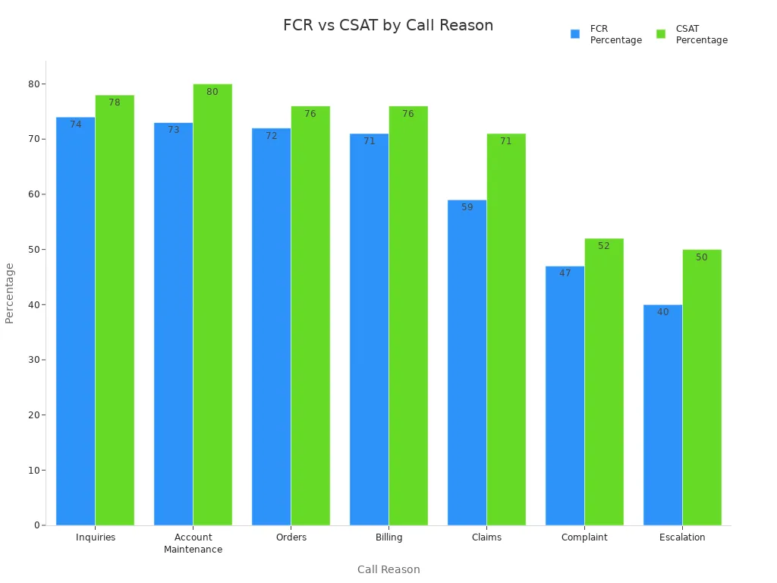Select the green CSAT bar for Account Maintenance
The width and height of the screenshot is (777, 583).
coord(212,304)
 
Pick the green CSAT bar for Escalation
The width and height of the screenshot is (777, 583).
coord(702,387)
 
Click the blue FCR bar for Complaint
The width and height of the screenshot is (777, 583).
coord(565,395)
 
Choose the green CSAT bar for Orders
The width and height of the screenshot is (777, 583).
coord(310,316)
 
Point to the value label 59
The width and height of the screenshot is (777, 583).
coord(467,207)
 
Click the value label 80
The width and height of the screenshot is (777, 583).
coord(212,92)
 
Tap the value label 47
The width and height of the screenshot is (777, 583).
coord(565,273)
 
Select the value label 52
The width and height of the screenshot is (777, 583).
coord(604,246)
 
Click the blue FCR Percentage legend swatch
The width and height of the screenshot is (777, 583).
coord(575,34)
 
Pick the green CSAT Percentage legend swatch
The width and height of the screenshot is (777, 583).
coord(661,34)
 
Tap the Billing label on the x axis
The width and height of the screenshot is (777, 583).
coord(389,537)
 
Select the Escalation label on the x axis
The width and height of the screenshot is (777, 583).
coord(682,537)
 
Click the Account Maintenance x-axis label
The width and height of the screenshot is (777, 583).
coord(193,544)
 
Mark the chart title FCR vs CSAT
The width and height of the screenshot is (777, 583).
coord(388,25)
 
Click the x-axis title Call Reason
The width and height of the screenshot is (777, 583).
coord(388,569)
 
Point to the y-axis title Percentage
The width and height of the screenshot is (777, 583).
coord(10,293)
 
